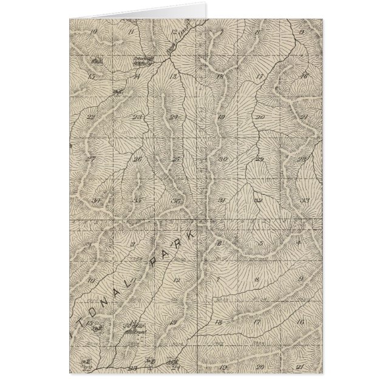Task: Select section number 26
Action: (x=138, y=159)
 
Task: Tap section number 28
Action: (x=302, y=159)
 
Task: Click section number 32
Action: (x=259, y=200)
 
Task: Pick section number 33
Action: (x=305, y=200)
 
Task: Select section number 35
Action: (x=138, y=201)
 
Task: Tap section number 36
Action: (x=176, y=201)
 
